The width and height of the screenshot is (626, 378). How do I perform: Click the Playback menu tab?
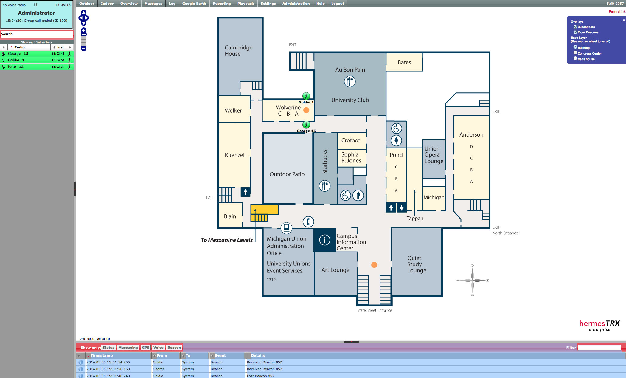pyautogui.click(x=246, y=4)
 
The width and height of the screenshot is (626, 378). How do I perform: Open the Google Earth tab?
pyautogui.click(x=194, y=4)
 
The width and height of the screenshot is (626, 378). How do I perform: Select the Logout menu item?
pyautogui.click(x=338, y=4)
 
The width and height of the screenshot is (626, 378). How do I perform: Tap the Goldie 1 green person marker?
pyautogui.click(x=306, y=96)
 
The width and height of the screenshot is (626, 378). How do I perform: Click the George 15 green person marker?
pyautogui.click(x=306, y=125)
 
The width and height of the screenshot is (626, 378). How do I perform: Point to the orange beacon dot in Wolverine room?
pyautogui.click(x=306, y=110)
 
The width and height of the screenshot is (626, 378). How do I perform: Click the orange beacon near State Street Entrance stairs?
pyautogui.click(x=374, y=265)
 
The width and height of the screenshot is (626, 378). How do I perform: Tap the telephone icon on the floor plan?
pyautogui.click(x=308, y=221)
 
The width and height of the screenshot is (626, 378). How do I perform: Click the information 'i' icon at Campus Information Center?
pyautogui.click(x=324, y=240)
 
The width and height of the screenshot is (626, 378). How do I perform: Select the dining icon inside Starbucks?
pyautogui.click(x=325, y=186)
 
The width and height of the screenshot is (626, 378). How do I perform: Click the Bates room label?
pyautogui.click(x=404, y=62)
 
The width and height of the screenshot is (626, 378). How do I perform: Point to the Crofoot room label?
pyautogui.click(x=351, y=140)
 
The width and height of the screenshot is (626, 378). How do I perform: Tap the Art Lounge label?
pyautogui.click(x=335, y=270)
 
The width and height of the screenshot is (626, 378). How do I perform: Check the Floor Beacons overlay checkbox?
pyautogui.click(x=575, y=32)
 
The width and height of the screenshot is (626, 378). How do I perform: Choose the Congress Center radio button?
pyautogui.click(x=575, y=53)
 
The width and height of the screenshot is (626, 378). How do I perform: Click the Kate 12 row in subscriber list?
pyautogui.click(x=37, y=67)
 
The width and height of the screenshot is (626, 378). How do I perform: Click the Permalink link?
pyautogui.click(x=617, y=11)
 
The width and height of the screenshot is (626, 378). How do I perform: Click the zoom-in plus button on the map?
pyautogui.click(x=84, y=30)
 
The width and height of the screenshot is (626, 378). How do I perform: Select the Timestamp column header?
pyautogui.click(x=102, y=355)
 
